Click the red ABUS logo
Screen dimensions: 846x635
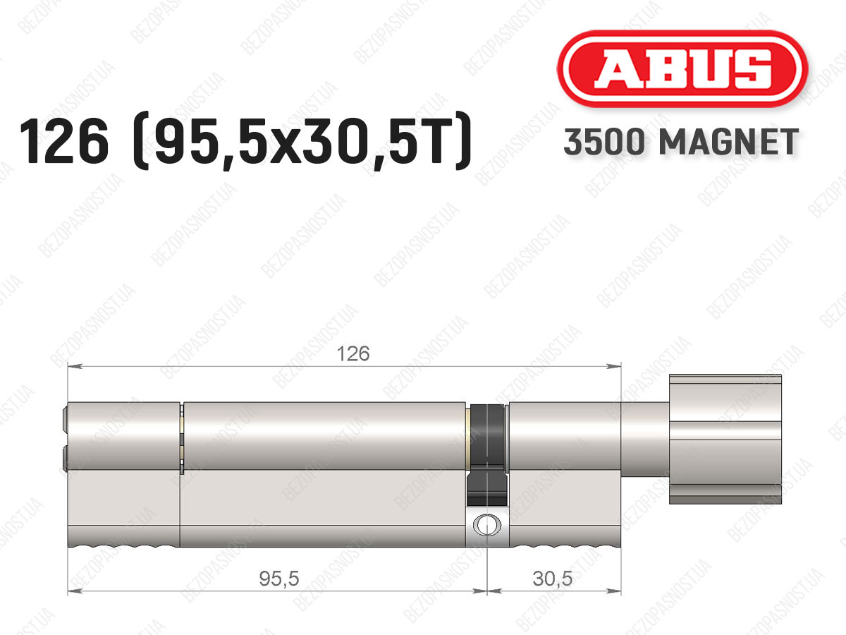pyautogui.click(x=682, y=68)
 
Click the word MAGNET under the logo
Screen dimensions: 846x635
pyautogui.click(x=729, y=142)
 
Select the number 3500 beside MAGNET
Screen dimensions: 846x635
pyautogui.click(x=604, y=142)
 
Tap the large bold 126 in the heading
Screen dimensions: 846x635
pyautogui.click(x=64, y=141)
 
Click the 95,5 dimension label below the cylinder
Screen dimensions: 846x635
pyautogui.click(x=279, y=579)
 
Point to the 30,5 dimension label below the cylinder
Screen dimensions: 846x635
pyautogui.click(x=552, y=579)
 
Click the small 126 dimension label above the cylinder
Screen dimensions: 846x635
pyautogui.click(x=353, y=353)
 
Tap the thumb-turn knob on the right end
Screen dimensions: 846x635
pyautogui.click(x=725, y=439)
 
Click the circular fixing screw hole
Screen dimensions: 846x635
pyautogui.click(x=487, y=525)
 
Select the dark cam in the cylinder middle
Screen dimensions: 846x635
pyautogui.click(x=487, y=455)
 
